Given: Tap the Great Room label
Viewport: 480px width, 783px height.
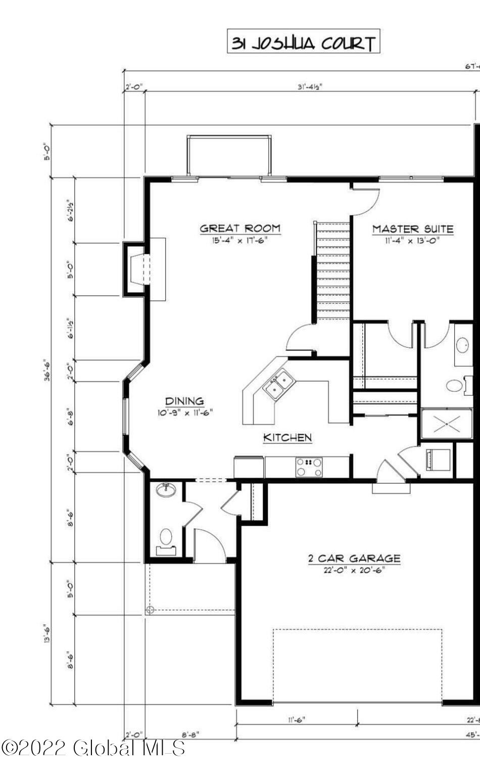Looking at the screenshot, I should coord(240,228).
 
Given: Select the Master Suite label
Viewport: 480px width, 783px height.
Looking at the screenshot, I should coord(413,229).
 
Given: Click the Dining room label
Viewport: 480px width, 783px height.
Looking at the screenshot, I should coord(184,401).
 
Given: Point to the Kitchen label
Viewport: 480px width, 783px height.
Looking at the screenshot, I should coord(287,438).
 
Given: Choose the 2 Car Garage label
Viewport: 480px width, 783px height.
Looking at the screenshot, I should coord(354,559).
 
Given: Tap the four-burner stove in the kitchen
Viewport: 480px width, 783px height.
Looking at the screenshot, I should coord(309,468).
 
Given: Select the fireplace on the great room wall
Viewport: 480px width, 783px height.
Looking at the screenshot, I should coord(137,269).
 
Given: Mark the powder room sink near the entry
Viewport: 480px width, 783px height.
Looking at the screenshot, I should coord(166,490).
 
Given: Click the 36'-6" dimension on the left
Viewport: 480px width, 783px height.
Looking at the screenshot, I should coord(47,370).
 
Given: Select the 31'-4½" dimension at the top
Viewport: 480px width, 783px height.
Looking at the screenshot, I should coord(310,86).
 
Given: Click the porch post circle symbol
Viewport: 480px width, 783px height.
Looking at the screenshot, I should coord(150,610).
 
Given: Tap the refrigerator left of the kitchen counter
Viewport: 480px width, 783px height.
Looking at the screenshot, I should coord(248,467).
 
